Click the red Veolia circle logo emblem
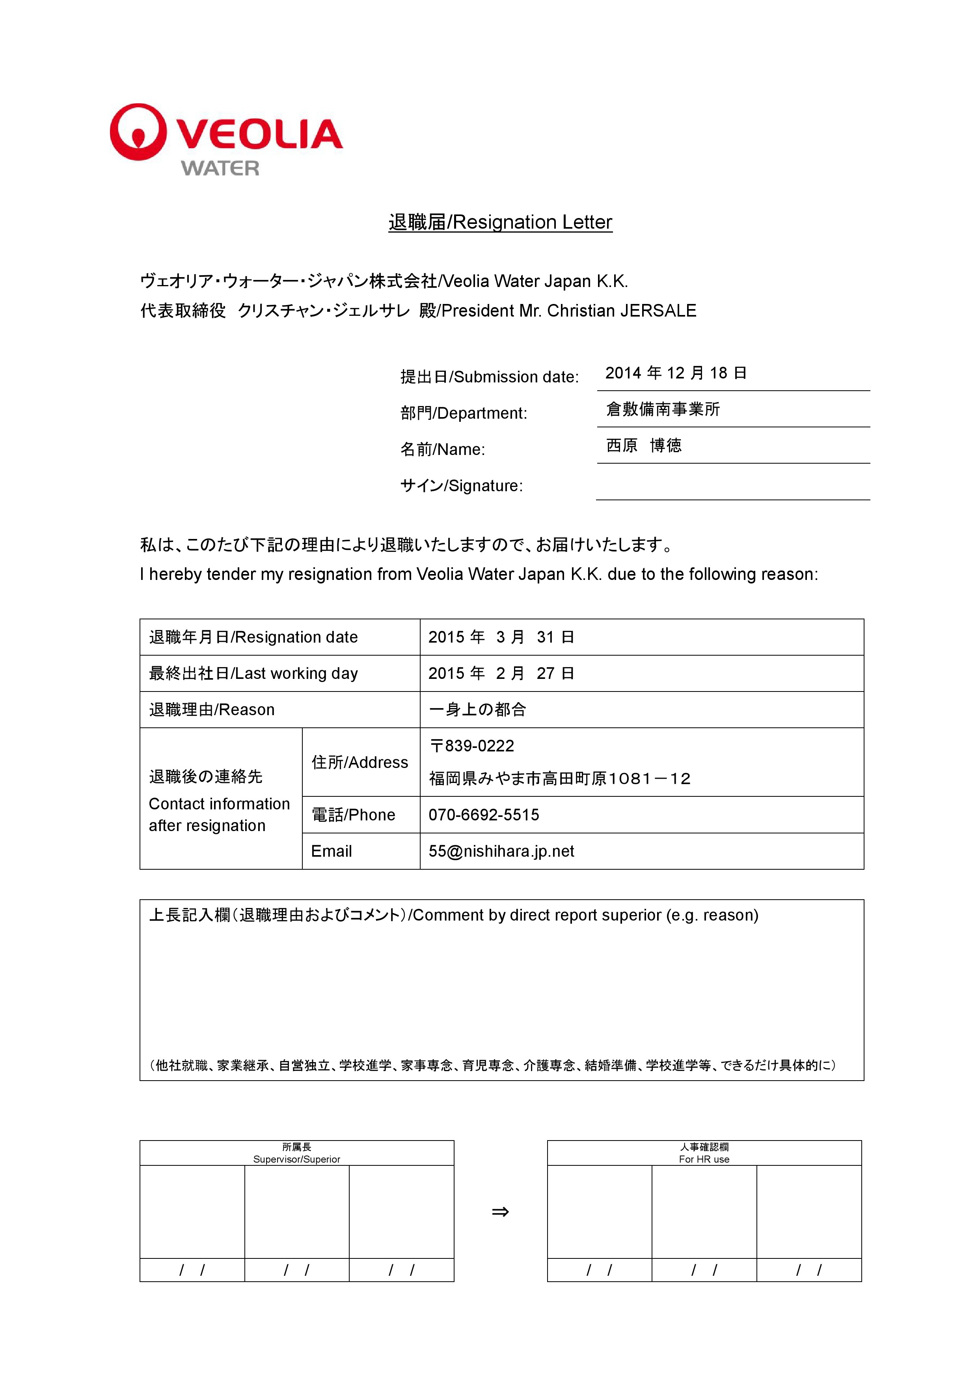138,132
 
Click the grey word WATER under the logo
220,168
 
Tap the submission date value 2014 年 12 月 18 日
676,373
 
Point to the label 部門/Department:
464,413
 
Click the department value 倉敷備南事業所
662,410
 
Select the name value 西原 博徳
644,446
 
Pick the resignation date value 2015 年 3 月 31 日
501,637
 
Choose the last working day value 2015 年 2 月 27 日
501,673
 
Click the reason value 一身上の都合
477,710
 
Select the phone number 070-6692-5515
484,815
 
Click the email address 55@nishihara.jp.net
501,851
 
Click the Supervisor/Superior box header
296,1153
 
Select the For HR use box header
704,1153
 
